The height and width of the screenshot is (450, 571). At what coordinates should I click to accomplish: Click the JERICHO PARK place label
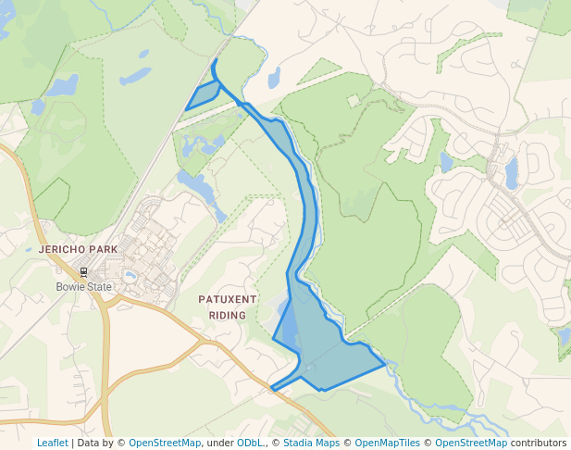pyautogui.click(x=79, y=250)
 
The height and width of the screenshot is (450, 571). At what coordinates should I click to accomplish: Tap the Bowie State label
pyautogui.click(x=83, y=287)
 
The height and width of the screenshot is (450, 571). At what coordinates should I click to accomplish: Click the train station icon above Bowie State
pyautogui.click(x=84, y=272)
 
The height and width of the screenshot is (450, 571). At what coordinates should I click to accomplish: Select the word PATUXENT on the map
pyautogui.click(x=227, y=300)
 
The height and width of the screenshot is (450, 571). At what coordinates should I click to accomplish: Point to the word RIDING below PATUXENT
pyautogui.click(x=227, y=315)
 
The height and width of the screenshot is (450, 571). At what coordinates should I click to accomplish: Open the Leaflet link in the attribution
pyautogui.click(x=52, y=443)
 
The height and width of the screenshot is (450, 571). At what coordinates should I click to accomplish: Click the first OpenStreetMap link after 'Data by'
pyautogui.click(x=164, y=443)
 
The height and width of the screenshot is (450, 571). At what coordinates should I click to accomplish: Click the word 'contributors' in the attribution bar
pyautogui.click(x=538, y=443)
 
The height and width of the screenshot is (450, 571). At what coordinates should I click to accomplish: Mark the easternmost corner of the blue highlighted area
pyautogui.click(x=384, y=365)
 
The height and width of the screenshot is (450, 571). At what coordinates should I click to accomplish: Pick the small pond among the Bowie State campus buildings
pyautogui.click(x=130, y=275)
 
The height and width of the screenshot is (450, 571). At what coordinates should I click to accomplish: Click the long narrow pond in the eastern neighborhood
pyautogui.click(x=512, y=172)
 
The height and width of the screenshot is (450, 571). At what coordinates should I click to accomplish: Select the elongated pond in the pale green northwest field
pyautogui.click(x=135, y=75)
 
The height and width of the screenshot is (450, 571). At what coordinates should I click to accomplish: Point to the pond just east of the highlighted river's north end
pyautogui.click(x=274, y=78)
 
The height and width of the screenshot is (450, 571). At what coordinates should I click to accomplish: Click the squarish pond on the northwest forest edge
pyautogui.click(x=62, y=86)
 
